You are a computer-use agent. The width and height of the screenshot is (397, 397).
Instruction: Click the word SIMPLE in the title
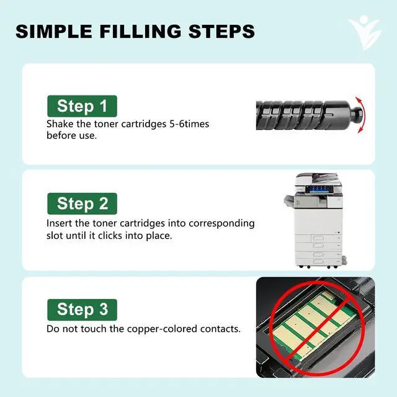(54, 32)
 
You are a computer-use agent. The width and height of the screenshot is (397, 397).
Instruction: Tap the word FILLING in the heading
(140, 32)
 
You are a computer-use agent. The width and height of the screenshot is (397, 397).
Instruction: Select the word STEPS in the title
(221, 32)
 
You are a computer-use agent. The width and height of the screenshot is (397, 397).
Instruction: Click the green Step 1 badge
(82, 106)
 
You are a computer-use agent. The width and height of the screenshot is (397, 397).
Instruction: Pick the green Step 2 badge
(82, 203)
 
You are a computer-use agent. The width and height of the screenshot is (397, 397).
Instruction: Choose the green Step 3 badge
(82, 310)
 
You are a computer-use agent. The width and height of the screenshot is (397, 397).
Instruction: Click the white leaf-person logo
(365, 32)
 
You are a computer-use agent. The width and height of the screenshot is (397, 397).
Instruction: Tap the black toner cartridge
(309, 115)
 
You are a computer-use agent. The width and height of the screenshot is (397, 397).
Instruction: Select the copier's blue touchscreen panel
(318, 189)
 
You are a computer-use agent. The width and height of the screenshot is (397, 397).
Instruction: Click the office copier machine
(315, 221)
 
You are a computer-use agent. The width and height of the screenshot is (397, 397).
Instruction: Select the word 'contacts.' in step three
(220, 329)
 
